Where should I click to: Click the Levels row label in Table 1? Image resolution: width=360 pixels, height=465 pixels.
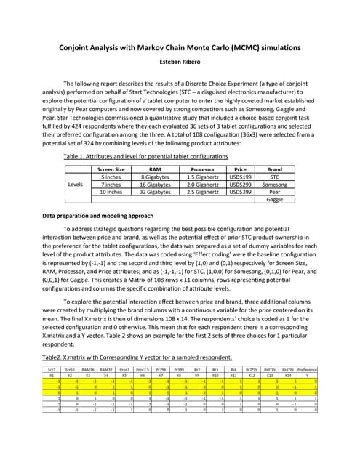[75, 185]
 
